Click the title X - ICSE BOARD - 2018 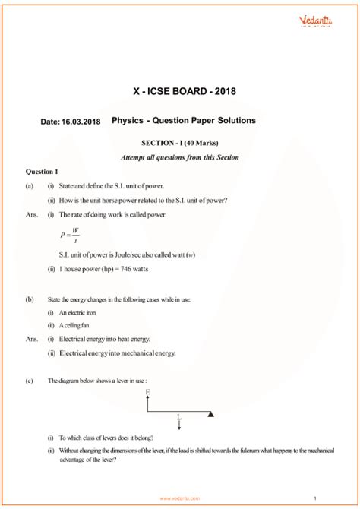179,91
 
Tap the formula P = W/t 70,234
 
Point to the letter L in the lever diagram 179,417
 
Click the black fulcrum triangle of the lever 211,414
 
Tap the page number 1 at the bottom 336,498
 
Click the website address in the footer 179,498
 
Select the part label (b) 29,299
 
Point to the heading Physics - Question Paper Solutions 184,120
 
